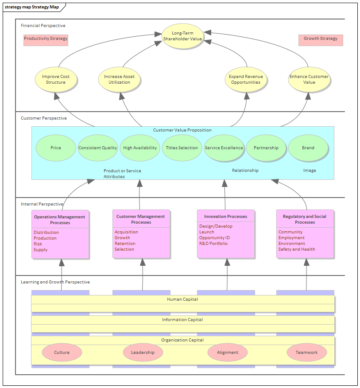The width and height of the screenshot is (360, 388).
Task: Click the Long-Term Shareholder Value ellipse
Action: point(182,36)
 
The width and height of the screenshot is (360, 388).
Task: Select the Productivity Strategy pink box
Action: point(46,39)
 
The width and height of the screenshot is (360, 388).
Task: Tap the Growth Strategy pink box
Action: point(321,39)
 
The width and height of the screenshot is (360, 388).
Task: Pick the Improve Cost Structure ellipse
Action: point(56,79)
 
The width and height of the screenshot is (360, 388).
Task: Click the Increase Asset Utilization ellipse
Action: point(119,79)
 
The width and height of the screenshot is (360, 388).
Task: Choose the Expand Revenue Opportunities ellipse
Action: point(246,79)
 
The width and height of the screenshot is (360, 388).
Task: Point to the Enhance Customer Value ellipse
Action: point(309,79)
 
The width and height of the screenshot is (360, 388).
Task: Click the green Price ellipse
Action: point(56,148)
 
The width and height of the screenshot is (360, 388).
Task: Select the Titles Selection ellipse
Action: point(182,148)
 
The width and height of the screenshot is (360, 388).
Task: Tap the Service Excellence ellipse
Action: point(224,148)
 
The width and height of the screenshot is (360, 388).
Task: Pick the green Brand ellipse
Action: point(308,148)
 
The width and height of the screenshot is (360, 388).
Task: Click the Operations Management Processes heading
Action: point(60,220)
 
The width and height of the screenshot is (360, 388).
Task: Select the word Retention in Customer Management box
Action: point(125,244)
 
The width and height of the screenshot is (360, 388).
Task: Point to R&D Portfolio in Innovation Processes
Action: point(213,244)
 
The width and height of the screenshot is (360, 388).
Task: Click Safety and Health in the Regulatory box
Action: point(297,249)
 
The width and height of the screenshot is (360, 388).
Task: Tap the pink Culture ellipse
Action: point(62,353)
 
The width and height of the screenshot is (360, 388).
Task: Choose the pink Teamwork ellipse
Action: point(307,353)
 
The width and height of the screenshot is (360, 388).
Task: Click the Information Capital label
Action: point(182,320)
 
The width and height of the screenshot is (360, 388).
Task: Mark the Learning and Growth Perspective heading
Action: point(55,282)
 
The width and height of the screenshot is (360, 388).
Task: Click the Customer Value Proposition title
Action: point(182,130)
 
